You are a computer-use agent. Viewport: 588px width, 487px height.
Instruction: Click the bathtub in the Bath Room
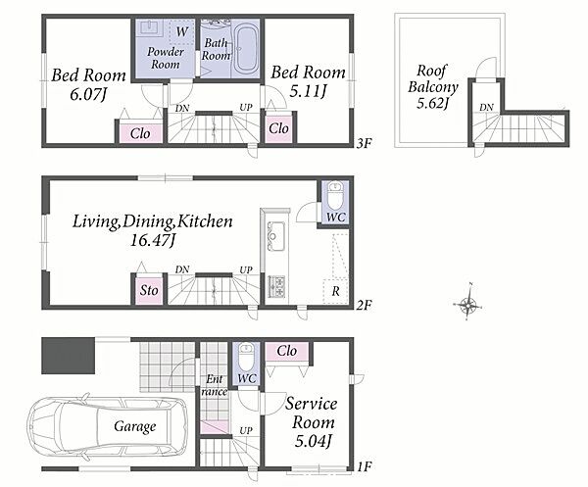coord(246,49)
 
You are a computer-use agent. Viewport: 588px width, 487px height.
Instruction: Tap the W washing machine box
coord(181,32)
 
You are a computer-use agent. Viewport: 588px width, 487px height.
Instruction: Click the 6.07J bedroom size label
coord(88,94)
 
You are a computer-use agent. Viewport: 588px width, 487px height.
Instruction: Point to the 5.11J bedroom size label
coord(309,91)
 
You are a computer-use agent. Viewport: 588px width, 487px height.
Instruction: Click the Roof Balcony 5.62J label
coord(433,86)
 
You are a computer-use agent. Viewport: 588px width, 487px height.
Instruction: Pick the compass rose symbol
coord(468,303)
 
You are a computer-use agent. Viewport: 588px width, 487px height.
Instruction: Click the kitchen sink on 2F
coord(275,237)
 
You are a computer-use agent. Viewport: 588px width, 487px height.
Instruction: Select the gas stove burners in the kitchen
coord(276,286)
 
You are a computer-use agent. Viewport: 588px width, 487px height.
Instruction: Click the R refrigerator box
coord(335,291)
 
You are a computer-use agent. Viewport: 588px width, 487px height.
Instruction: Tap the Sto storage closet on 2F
coord(149,290)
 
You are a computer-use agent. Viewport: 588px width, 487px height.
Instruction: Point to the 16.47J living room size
coord(153,240)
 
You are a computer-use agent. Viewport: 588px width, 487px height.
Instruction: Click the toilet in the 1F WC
coord(246,357)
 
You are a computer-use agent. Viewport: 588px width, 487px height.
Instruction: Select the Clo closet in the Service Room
coord(287,351)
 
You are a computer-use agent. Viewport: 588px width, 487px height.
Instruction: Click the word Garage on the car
coord(135,426)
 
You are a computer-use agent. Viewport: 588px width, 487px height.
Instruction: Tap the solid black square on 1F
coord(68,356)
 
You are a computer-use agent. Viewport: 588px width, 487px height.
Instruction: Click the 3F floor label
coord(364,143)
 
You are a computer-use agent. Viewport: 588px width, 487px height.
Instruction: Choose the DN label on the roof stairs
coord(486,108)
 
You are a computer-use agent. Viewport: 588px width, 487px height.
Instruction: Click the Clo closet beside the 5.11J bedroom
coord(278,128)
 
